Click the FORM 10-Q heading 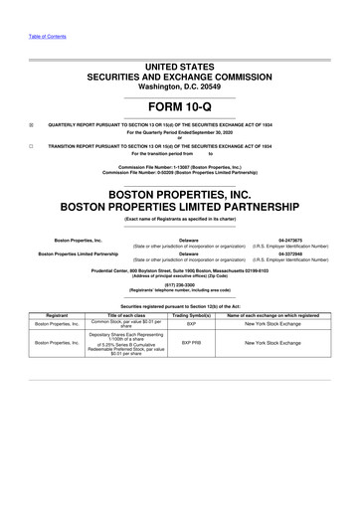point(180,105)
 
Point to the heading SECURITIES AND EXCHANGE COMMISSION point(180,76)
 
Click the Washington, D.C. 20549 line point(180,86)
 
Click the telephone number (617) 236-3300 point(180,280)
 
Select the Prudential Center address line point(180,268)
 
